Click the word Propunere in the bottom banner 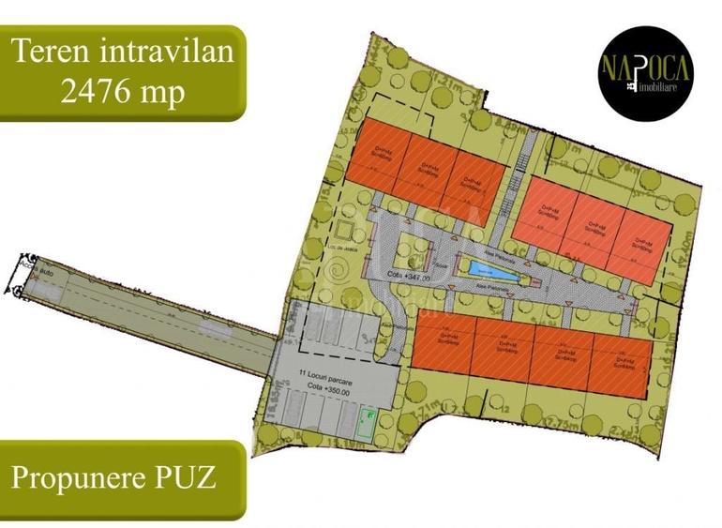[x=73, y=477]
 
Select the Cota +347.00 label [x=409, y=278]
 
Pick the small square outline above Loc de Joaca [x=346, y=229]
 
